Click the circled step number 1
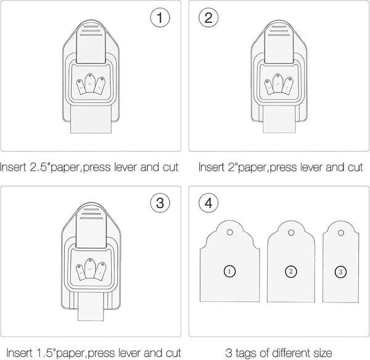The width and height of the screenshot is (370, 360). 160,18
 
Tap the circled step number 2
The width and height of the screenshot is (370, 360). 208,18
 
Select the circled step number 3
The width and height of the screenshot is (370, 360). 160,203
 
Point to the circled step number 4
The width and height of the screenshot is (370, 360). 208,203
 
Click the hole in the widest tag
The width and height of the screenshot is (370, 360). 230,232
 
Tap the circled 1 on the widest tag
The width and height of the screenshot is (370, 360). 229,271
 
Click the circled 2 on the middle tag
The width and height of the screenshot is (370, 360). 290,272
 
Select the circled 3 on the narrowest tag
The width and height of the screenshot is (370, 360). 341,272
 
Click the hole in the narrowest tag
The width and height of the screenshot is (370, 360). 341,233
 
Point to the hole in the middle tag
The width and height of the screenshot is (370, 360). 291,233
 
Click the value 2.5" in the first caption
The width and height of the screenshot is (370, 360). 40,167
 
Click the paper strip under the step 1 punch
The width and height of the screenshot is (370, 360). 91,119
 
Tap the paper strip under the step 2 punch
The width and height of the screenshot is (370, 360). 279,119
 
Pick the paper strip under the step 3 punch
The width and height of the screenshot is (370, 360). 91,307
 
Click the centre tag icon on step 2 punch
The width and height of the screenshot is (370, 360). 277,83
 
